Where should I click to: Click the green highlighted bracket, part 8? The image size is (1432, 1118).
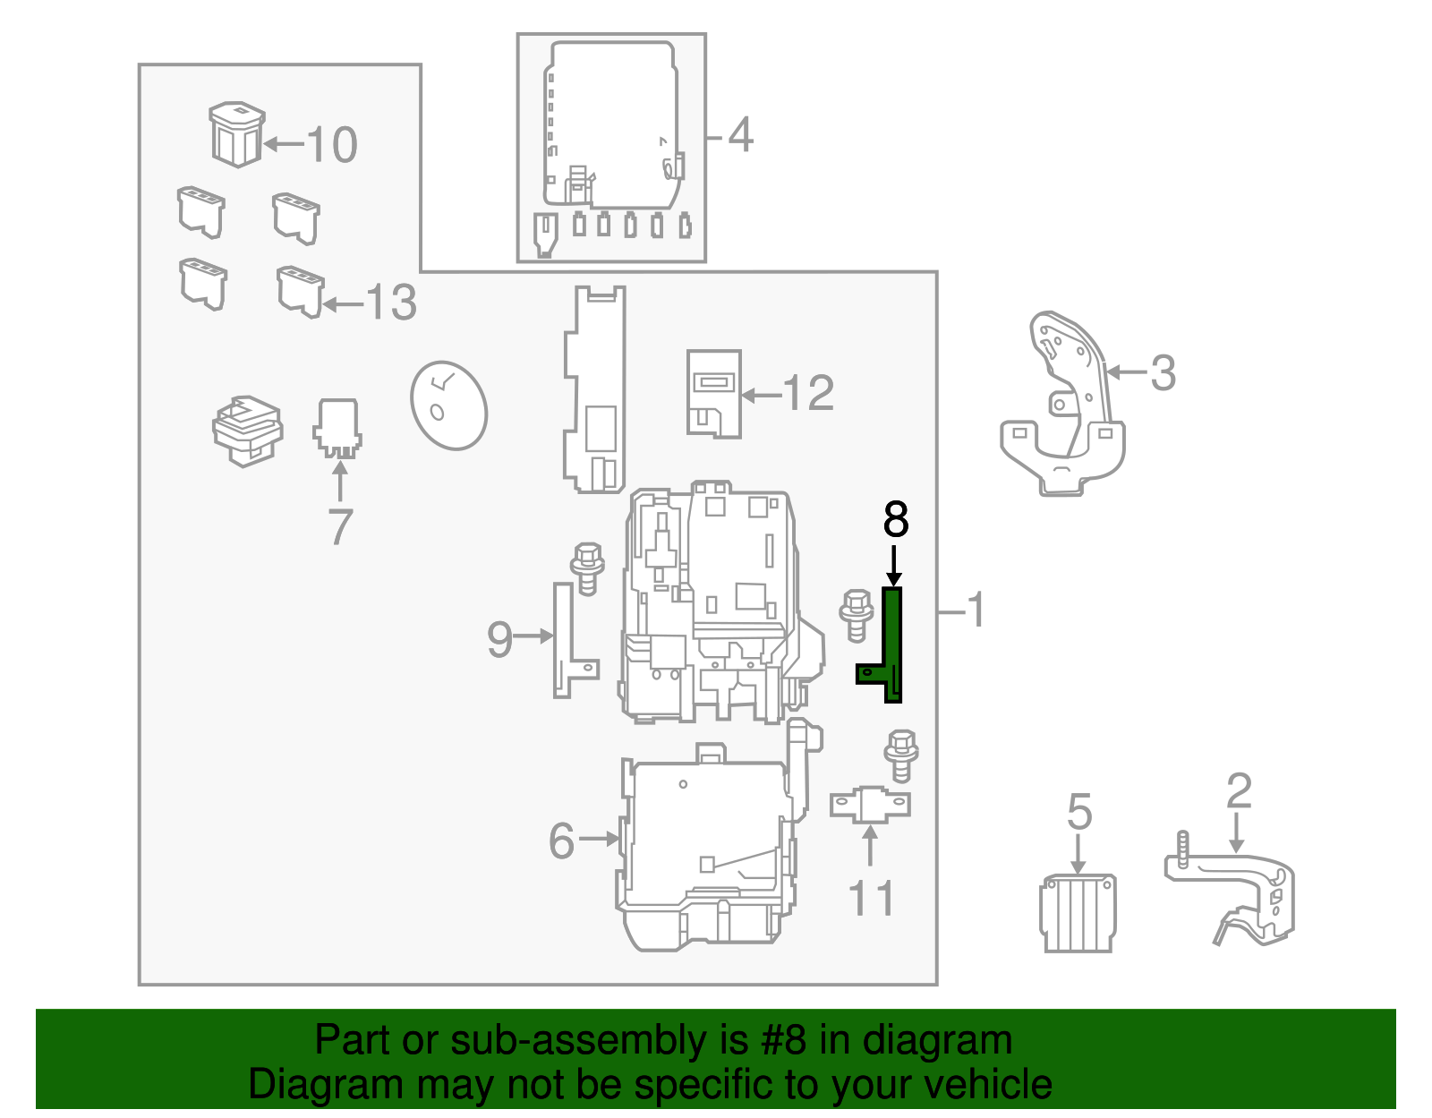891,645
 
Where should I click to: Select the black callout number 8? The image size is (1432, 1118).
896,519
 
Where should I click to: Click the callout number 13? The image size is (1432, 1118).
391,303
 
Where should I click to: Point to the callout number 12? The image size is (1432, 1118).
808,393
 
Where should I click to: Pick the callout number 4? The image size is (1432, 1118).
741,135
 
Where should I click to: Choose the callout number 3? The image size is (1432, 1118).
1163,373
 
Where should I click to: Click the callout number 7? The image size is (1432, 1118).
340,526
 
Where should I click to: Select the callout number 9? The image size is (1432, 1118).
499,639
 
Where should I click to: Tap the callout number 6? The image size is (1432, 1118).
561,841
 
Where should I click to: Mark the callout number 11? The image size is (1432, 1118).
871,898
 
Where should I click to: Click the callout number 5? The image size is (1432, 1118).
1079,812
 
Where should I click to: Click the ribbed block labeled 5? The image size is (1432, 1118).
1078,913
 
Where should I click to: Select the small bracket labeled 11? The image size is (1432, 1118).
870,805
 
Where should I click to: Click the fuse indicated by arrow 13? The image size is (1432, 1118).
301,292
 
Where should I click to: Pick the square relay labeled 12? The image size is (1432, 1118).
713,394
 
